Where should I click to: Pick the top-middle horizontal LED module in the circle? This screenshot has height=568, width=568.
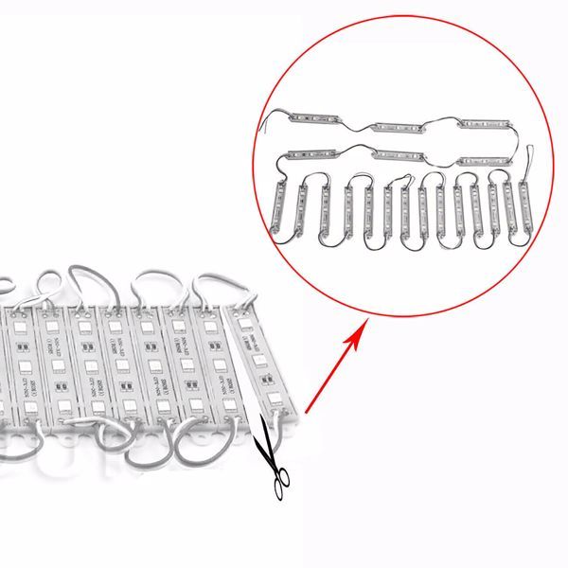click(402, 126)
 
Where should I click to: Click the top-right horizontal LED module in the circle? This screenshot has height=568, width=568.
click(487, 123)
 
